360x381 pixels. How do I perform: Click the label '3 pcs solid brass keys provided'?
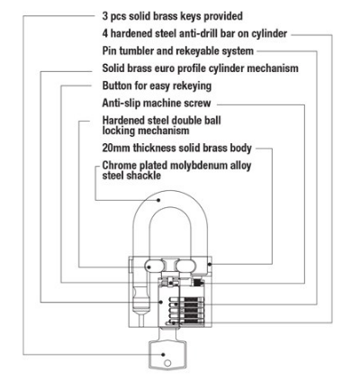(172, 16)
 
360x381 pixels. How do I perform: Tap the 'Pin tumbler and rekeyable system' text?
(177, 50)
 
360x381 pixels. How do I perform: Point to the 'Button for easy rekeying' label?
(157, 86)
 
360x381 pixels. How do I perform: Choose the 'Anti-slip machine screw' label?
(156, 103)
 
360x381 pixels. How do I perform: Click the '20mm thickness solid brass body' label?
(176, 148)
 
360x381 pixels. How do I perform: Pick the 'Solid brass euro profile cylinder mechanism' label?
(200, 68)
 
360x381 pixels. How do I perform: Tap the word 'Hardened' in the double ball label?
(123, 121)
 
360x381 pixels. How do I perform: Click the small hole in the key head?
(167, 363)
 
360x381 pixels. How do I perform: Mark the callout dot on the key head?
(164, 355)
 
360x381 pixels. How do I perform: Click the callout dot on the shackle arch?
(159, 200)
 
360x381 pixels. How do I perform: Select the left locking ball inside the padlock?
(154, 266)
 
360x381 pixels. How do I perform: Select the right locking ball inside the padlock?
(185, 266)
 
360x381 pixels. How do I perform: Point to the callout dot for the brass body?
(210, 265)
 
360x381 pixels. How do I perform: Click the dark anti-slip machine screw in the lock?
(198, 282)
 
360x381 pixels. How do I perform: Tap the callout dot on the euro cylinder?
(161, 302)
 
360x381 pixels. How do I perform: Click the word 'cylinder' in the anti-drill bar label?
(269, 33)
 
